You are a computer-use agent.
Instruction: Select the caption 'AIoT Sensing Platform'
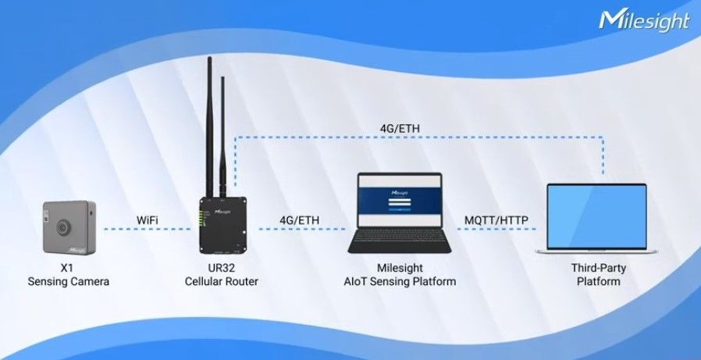point(400,281)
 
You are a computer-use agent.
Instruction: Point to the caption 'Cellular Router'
point(223,281)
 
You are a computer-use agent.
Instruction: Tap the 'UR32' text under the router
point(223,267)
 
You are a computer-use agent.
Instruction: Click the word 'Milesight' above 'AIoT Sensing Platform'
point(400,267)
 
